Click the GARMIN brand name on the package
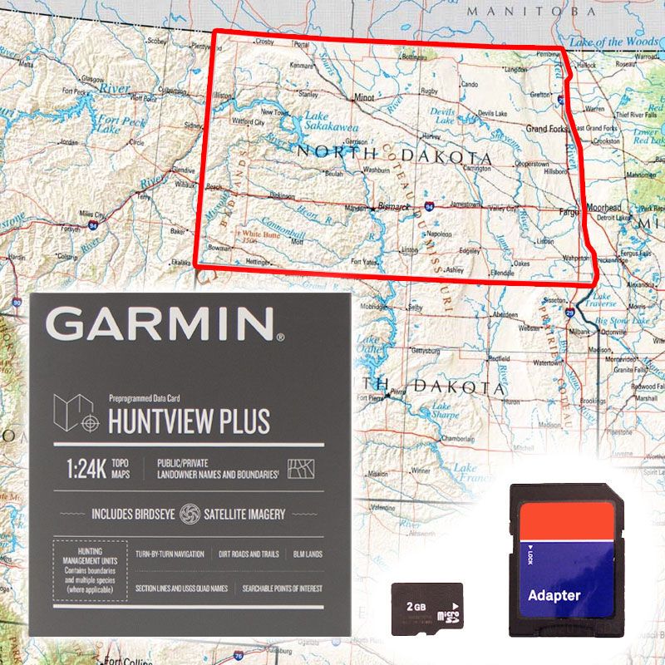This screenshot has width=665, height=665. point(165,323)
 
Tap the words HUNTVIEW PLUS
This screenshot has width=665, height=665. point(190,421)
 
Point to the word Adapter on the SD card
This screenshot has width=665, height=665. point(554,595)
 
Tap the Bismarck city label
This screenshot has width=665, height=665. point(389,204)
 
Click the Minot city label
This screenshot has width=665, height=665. point(364,97)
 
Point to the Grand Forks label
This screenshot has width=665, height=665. point(547,129)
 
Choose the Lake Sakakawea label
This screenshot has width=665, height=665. point(330,122)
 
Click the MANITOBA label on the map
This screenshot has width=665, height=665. point(531,12)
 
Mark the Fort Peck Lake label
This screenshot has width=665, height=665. point(121,125)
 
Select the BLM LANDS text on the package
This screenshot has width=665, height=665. point(307,554)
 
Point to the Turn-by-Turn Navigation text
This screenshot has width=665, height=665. point(170,554)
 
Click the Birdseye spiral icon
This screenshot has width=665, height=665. point(190,515)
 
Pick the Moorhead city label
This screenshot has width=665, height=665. point(603,207)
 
